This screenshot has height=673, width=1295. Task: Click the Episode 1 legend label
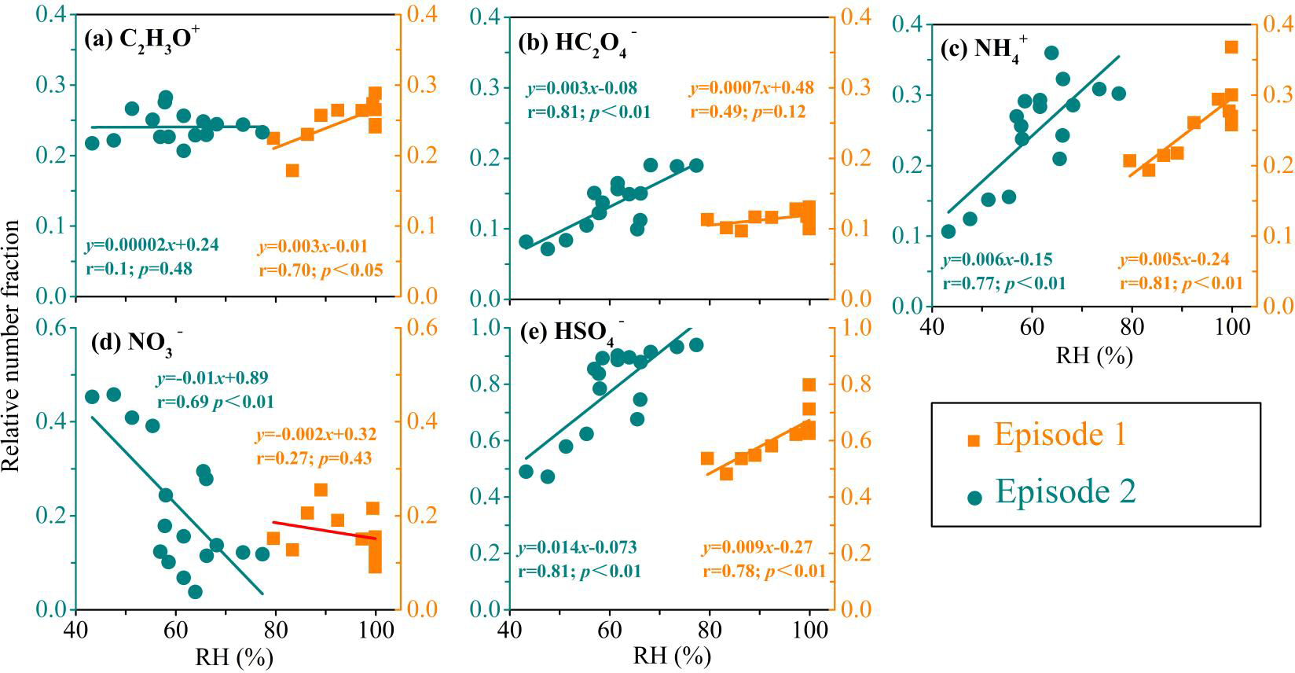click(x=1060, y=435)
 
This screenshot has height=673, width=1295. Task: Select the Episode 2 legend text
click(x=1066, y=492)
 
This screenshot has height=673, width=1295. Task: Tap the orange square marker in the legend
click(x=974, y=439)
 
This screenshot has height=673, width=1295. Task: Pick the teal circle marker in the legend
click(x=975, y=497)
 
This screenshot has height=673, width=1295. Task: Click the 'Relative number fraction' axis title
click(x=11, y=346)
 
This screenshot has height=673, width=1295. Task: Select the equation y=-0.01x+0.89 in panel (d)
click(x=213, y=379)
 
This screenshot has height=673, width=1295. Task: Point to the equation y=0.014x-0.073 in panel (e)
click(x=578, y=547)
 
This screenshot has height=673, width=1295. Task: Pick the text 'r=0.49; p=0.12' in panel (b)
click(x=748, y=112)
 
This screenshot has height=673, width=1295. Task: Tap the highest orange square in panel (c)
click(x=1231, y=47)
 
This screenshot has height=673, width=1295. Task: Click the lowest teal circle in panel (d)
click(x=195, y=591)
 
